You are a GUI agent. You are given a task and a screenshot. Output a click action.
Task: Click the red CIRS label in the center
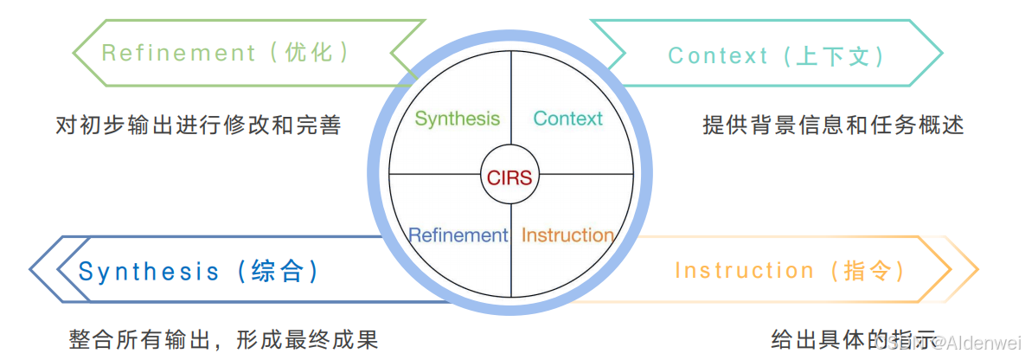click(x=510, y=178)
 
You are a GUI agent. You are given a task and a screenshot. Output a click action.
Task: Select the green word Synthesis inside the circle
click(x=457, y=119)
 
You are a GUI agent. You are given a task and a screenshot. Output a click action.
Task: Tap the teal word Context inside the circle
click(x=567, y=119)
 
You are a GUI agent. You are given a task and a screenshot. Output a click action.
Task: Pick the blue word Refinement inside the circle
click(x=458, y=235)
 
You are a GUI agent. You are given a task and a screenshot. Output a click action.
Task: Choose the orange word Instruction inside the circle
click(x=567, y=235)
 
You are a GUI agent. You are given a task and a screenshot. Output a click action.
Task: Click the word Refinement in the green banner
click(x=179, y=53)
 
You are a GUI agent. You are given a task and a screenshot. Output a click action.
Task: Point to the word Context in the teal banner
click(x=718, y=56)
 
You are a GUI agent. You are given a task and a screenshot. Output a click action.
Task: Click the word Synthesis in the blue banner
click(x=150, y=272)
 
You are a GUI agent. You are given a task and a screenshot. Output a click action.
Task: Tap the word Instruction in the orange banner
click(x=745, y=271)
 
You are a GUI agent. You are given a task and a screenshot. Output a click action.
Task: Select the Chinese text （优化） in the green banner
click(x=309, y=53)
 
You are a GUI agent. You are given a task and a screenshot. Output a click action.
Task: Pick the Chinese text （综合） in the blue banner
click(x=277, y=272)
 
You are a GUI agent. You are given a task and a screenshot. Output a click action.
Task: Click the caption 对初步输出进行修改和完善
click(x=198, y=125)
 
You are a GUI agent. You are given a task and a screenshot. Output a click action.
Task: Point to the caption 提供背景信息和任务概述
click(x=833, y=125)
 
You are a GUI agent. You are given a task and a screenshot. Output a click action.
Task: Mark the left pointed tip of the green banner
click(x=74, y=53)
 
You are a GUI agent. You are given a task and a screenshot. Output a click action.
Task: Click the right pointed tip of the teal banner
click(x=941, y=55)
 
